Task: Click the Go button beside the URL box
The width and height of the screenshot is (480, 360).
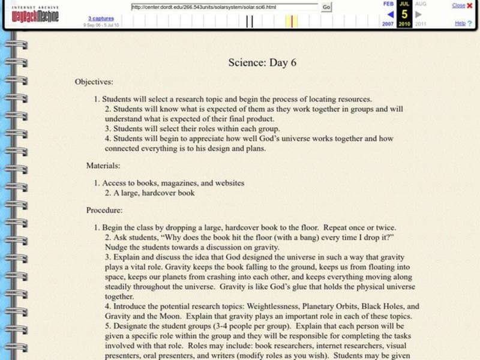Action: point(326,7)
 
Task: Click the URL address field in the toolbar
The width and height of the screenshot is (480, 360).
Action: point(224,7)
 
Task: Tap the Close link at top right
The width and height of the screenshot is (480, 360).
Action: point(458,5)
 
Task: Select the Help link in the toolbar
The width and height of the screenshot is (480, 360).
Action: point(460,23)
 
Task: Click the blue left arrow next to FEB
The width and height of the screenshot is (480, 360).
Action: point(390,14)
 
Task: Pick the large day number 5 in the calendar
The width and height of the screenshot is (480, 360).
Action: point(405,13)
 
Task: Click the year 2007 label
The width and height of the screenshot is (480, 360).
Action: point(388,24)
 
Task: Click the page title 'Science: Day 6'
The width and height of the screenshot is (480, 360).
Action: point(263,62)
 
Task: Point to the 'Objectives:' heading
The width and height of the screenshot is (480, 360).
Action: point(94,82)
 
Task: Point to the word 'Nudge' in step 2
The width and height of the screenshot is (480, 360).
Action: point(116,247)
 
